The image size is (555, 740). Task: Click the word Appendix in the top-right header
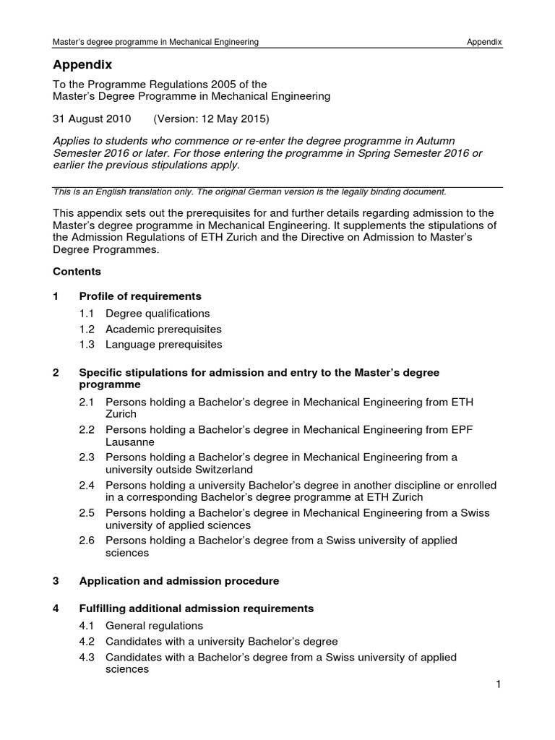point(484,43)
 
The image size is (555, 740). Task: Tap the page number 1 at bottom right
point(499,685)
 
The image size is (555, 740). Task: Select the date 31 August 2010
point(92,117)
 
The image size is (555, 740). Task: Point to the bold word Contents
point(77,272)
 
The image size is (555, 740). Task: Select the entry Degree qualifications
point(158,314)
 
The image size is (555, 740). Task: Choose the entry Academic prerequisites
point(163,329)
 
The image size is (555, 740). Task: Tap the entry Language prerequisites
point(164,344)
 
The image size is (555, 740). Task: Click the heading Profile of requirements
point(140,296)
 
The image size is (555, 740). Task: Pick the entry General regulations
point(154,626)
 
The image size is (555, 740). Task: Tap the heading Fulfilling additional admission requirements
point(197,608)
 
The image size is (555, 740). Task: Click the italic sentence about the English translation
point(250,192)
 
